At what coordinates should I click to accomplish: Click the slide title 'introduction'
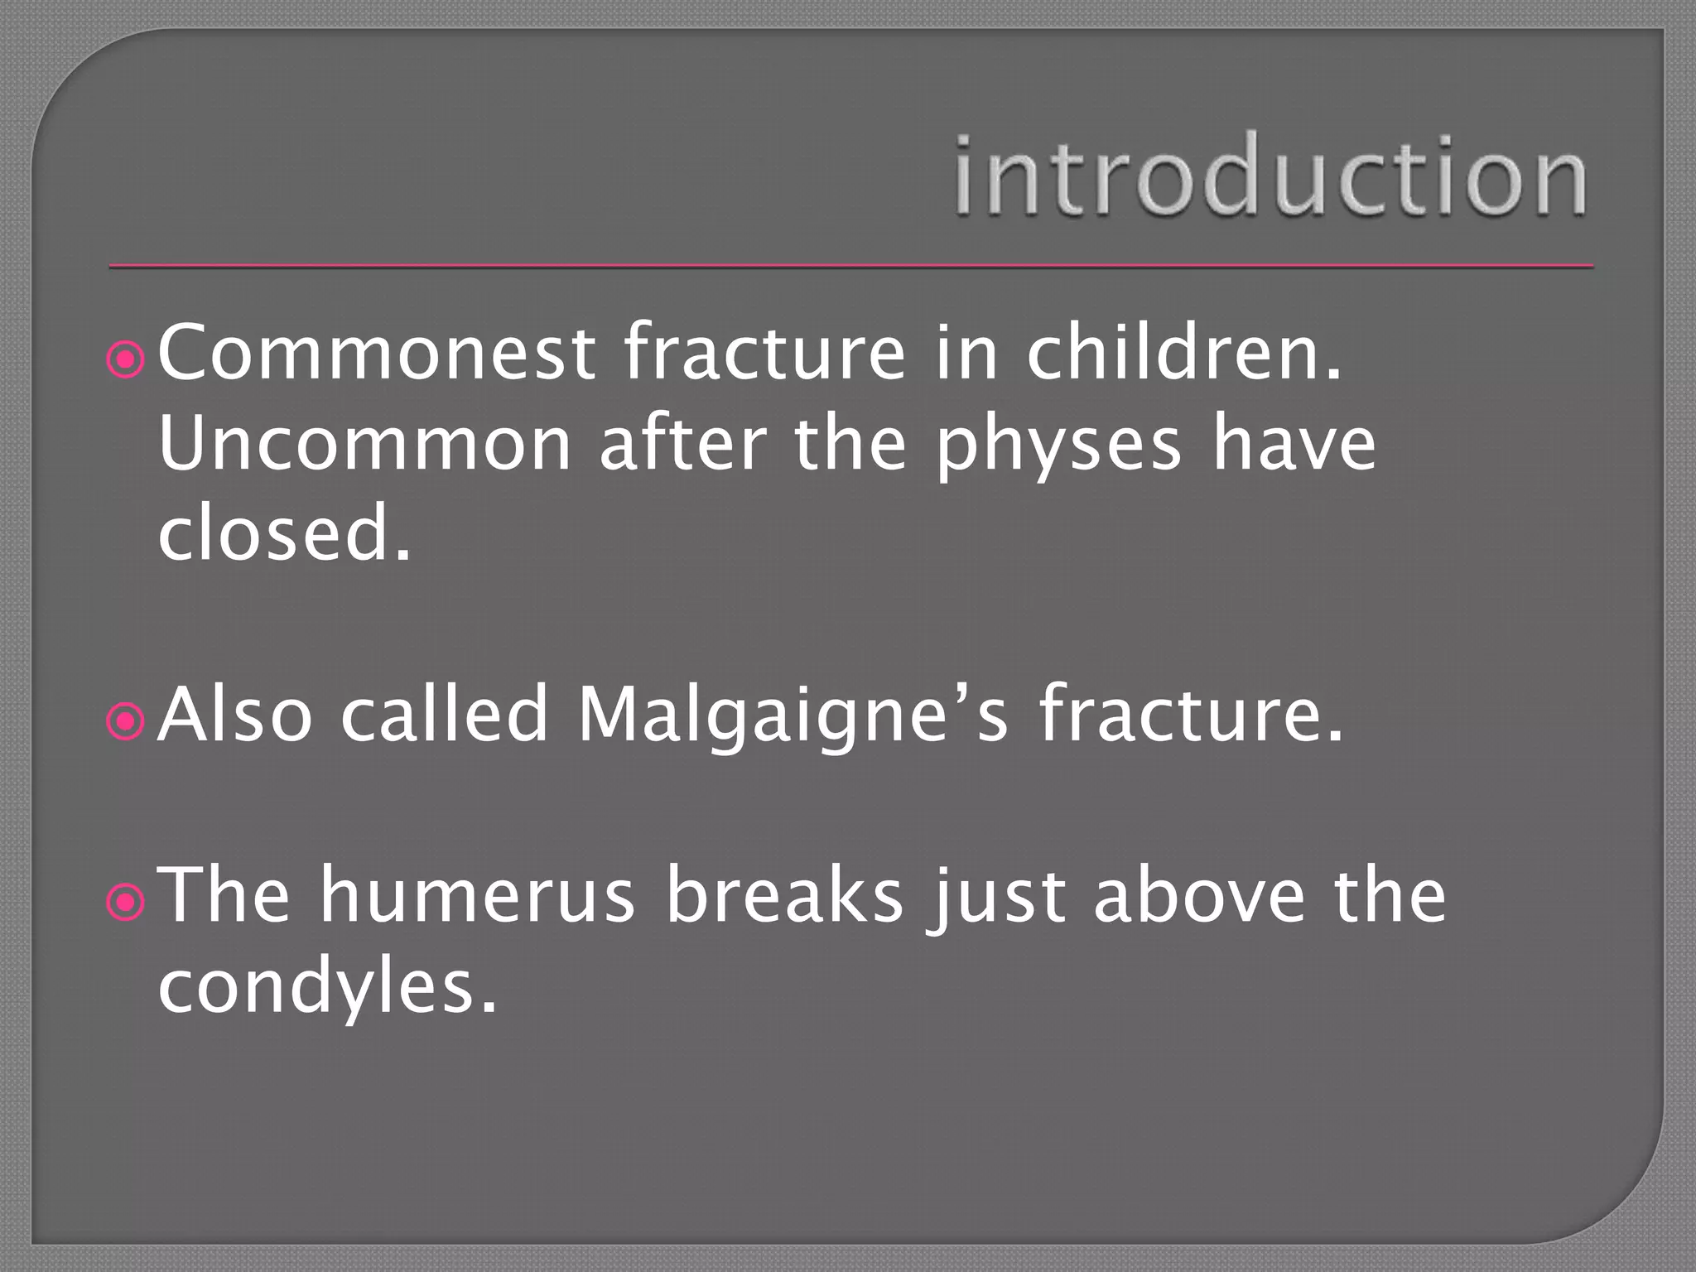click(x=1270, y=177)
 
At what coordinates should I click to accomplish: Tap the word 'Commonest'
click(x=376, y=354)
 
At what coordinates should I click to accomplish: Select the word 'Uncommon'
click(x=364, y=445)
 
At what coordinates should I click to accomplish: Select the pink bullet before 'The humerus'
click(x=127, y=903)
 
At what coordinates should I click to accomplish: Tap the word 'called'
click(x=445, y=714)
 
